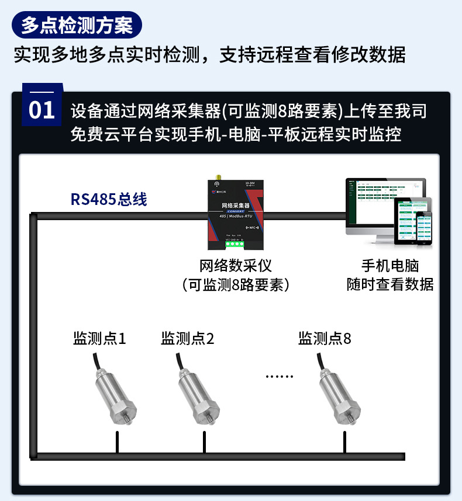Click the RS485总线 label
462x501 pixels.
pyautogui.click(x=109, y=199)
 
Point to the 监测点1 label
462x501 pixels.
pyautogui.click(x=99, y=338)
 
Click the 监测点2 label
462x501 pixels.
pyautogui.click(x=188, y=338)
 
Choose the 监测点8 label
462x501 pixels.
pyautogui.click(x=325, y=338)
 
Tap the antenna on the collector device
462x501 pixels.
pyautogui.click(x=218, y=178)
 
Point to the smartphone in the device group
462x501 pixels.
pyautogui.click(x=424, y=228)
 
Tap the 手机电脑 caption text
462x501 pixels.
pyautogui.click(x=390, y=266)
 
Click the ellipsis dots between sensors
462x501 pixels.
pyautogui.click(x=279, y=376)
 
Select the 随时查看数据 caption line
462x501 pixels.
pyautogui.click(x=390, y=284)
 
